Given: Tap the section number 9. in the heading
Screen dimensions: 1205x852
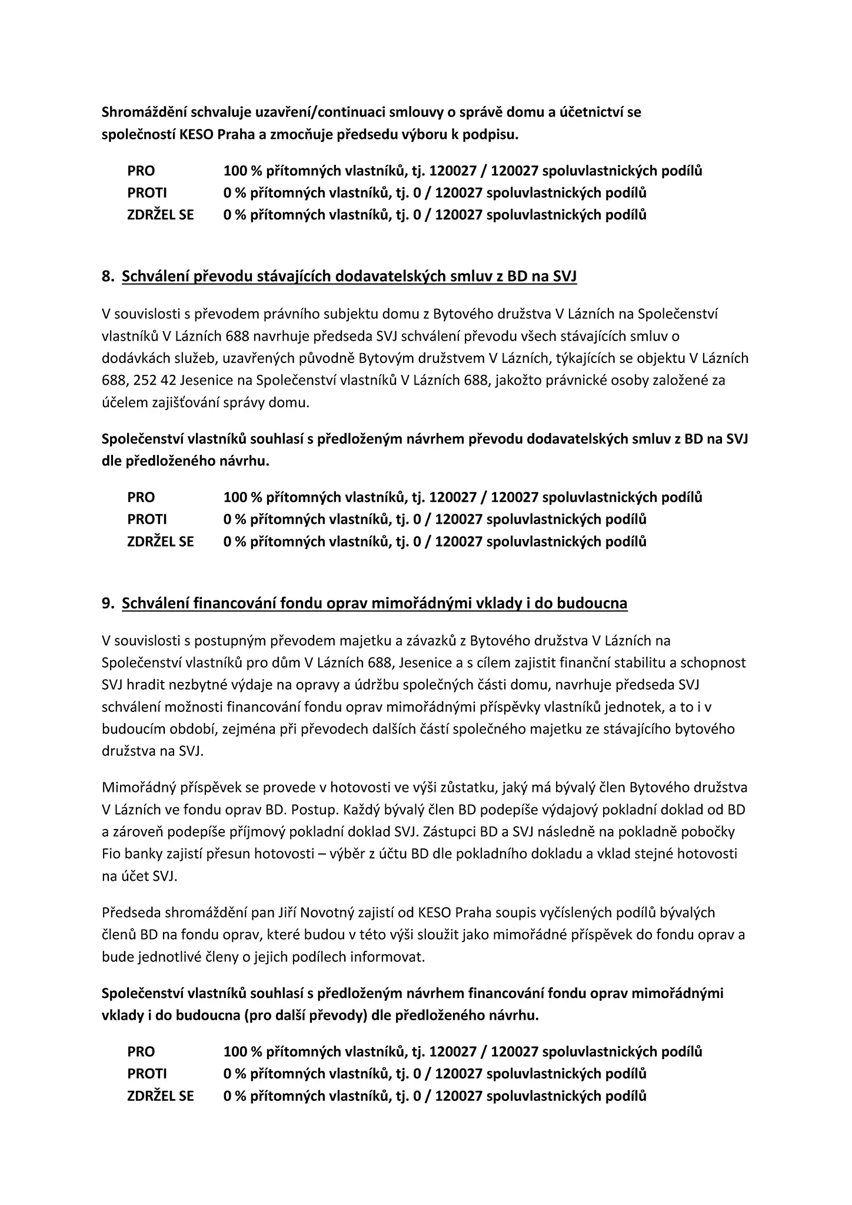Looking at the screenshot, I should tap(108, 603).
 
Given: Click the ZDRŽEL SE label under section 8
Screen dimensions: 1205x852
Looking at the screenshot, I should tap(160, 541).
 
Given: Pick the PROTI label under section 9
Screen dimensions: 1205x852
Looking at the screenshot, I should tap(147, 1074).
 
